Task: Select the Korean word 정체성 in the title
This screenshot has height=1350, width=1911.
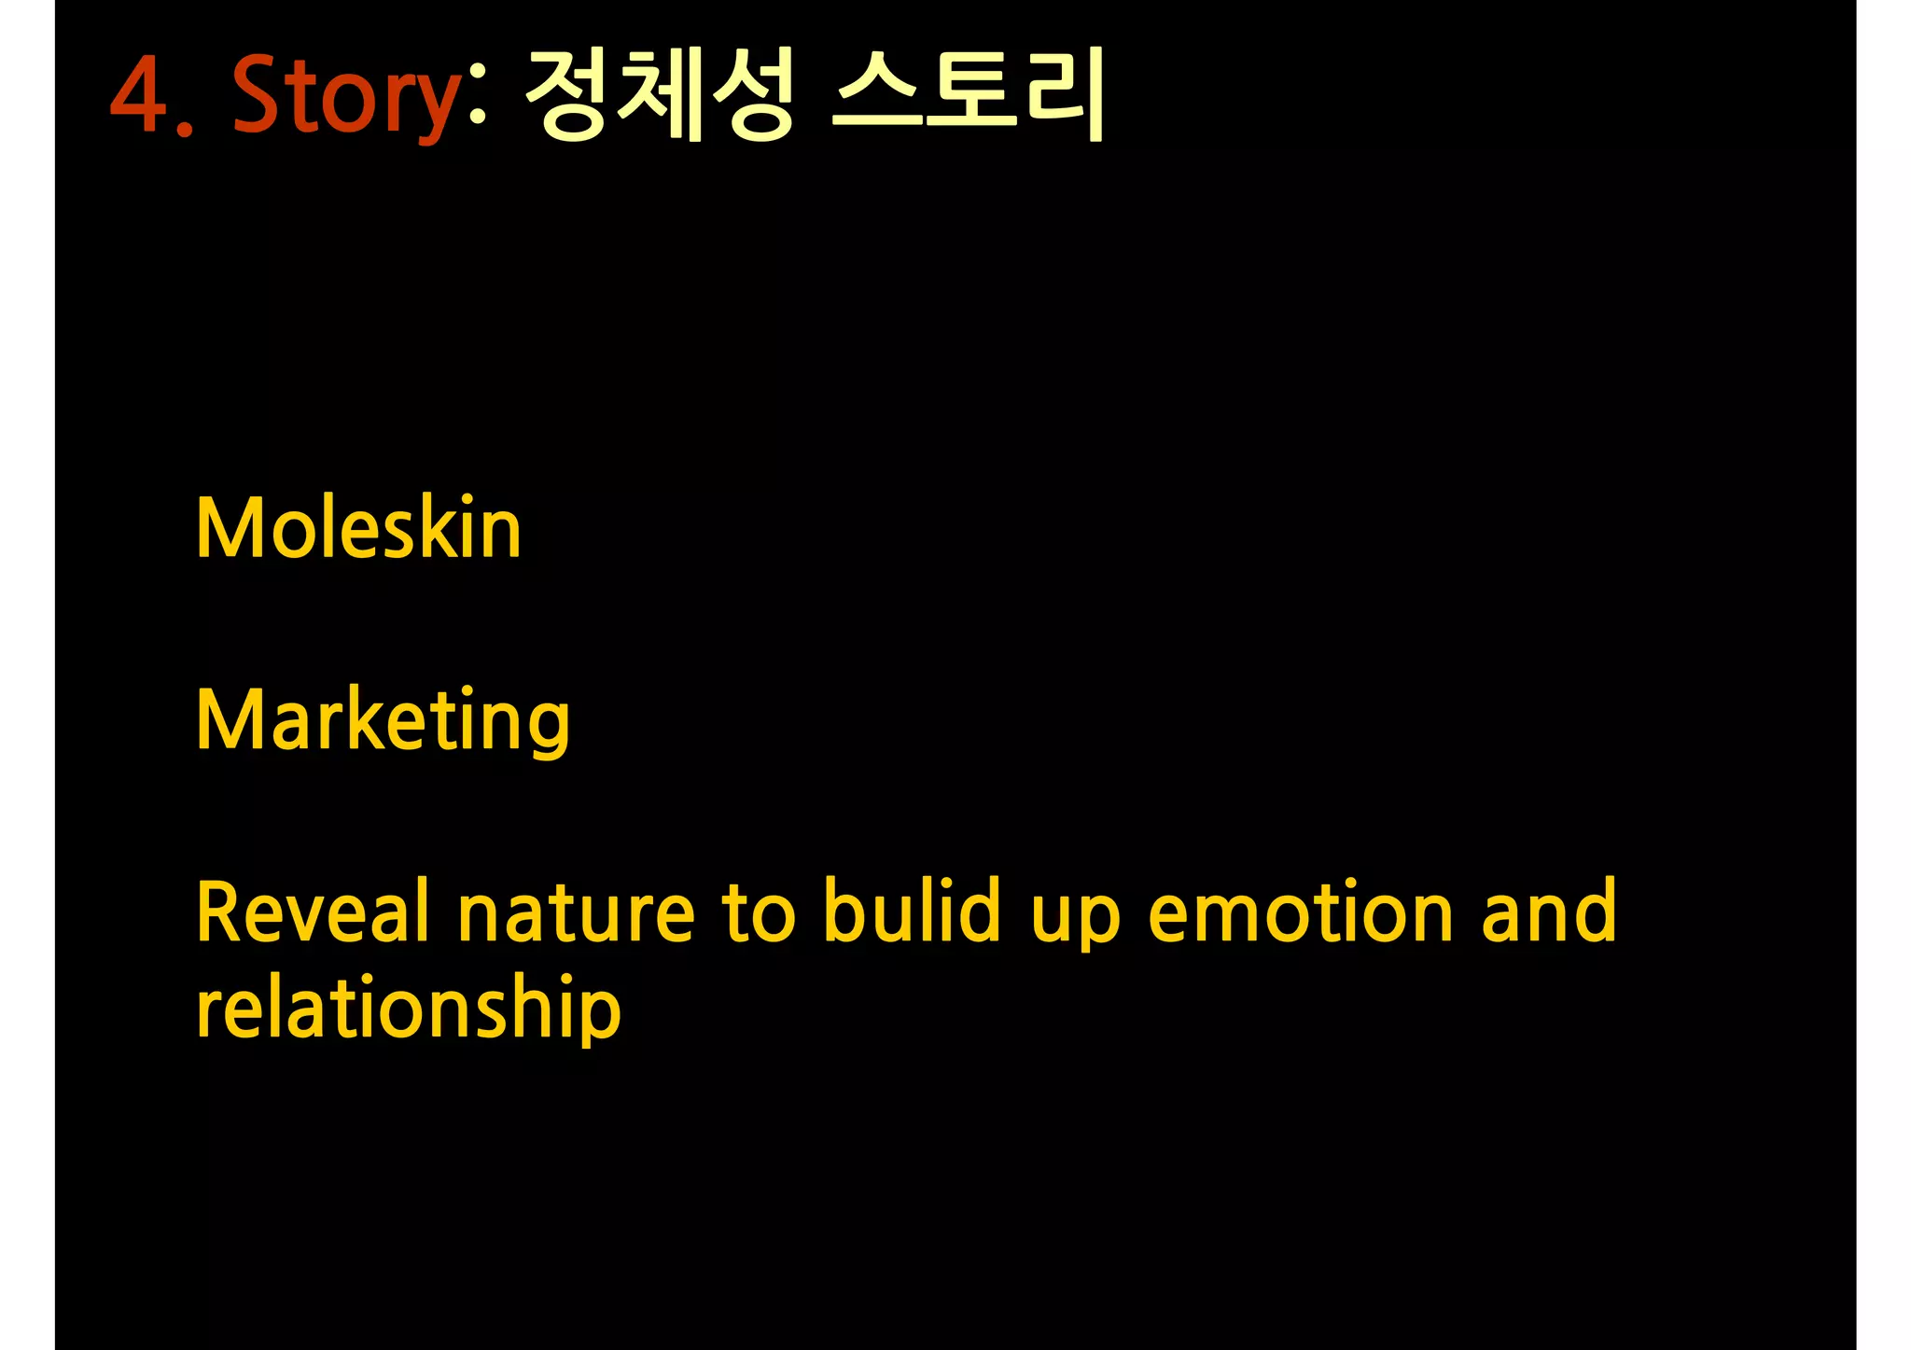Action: (660, 93)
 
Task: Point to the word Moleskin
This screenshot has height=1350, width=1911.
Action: (358, 528)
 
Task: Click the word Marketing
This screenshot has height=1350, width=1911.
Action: (383, 720)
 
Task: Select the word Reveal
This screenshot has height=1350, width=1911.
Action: (314, 912)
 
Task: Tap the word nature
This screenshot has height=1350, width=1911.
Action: (576, 912)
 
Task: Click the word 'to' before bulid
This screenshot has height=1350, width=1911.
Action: (758, 912)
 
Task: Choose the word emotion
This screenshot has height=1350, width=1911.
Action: (1301, 912)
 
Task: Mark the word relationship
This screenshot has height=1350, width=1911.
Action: (408, 1009)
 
